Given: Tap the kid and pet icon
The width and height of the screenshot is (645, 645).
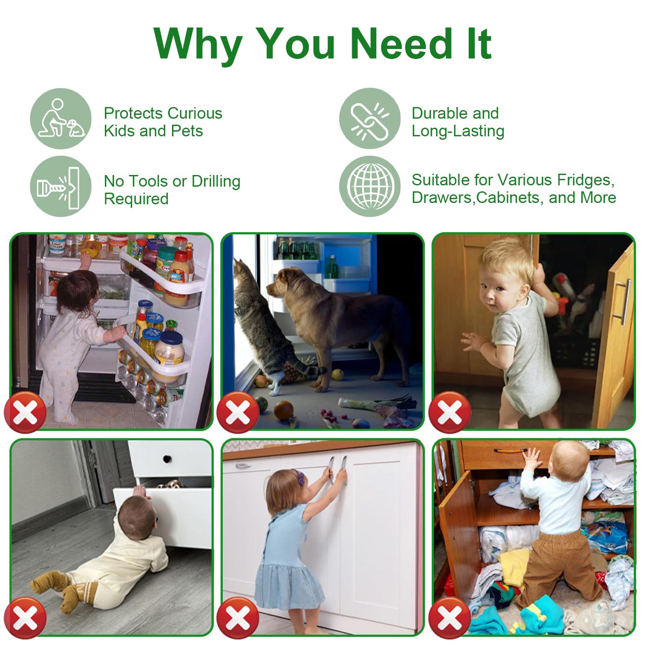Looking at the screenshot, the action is click(x=61, y=119).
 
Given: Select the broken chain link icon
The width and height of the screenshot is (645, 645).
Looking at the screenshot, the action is click(x=369, y=119).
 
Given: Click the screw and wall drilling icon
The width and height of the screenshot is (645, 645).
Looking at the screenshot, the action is click(x=61, y=186).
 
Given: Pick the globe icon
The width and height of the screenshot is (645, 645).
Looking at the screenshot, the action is click(x=369, y=186).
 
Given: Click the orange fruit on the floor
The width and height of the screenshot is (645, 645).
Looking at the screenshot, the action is click(x=283, y=410).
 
